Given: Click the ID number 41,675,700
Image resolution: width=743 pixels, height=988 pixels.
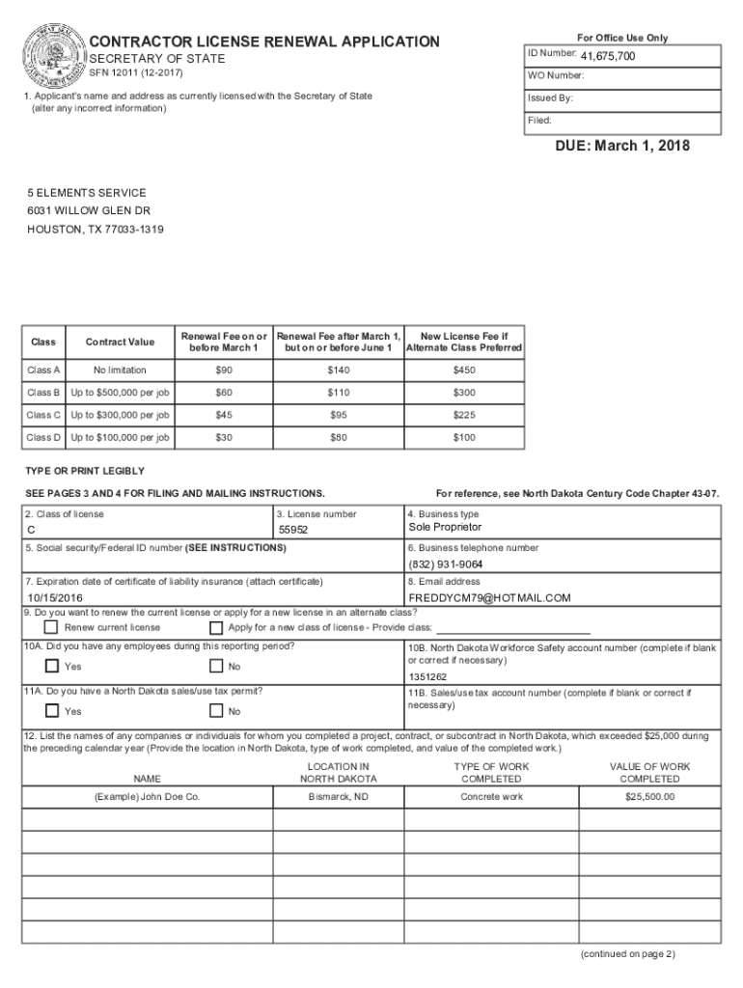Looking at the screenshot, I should [607, 57].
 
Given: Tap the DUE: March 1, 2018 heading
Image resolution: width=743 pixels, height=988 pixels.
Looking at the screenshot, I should [622, 147].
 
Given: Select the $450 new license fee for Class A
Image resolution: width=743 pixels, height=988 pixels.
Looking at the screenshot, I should [464, 370].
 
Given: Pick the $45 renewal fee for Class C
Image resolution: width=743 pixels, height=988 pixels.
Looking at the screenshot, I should [224, 415].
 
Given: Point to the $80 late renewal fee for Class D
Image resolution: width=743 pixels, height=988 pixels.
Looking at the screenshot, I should [337, 438].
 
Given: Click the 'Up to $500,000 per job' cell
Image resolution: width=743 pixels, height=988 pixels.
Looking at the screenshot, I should [121, 393].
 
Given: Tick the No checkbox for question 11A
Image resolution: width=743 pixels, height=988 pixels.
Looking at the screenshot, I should [215, 712].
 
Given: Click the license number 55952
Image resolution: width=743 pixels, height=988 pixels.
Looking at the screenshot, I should [293, 531].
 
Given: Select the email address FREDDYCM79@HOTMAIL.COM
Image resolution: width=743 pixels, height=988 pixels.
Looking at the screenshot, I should [489, 598].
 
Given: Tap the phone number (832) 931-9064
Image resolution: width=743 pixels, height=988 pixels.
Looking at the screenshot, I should [445, 564].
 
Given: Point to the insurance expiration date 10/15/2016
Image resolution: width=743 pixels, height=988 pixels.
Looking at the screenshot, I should [54, 598].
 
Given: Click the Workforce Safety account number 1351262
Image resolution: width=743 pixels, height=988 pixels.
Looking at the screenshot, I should [427, 676].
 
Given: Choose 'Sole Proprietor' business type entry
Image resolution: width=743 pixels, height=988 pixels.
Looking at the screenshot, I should [444, 528].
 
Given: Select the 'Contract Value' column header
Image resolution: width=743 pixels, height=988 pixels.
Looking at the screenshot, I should [120, 342].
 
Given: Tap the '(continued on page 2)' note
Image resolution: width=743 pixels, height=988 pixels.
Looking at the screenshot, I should [627, 954].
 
